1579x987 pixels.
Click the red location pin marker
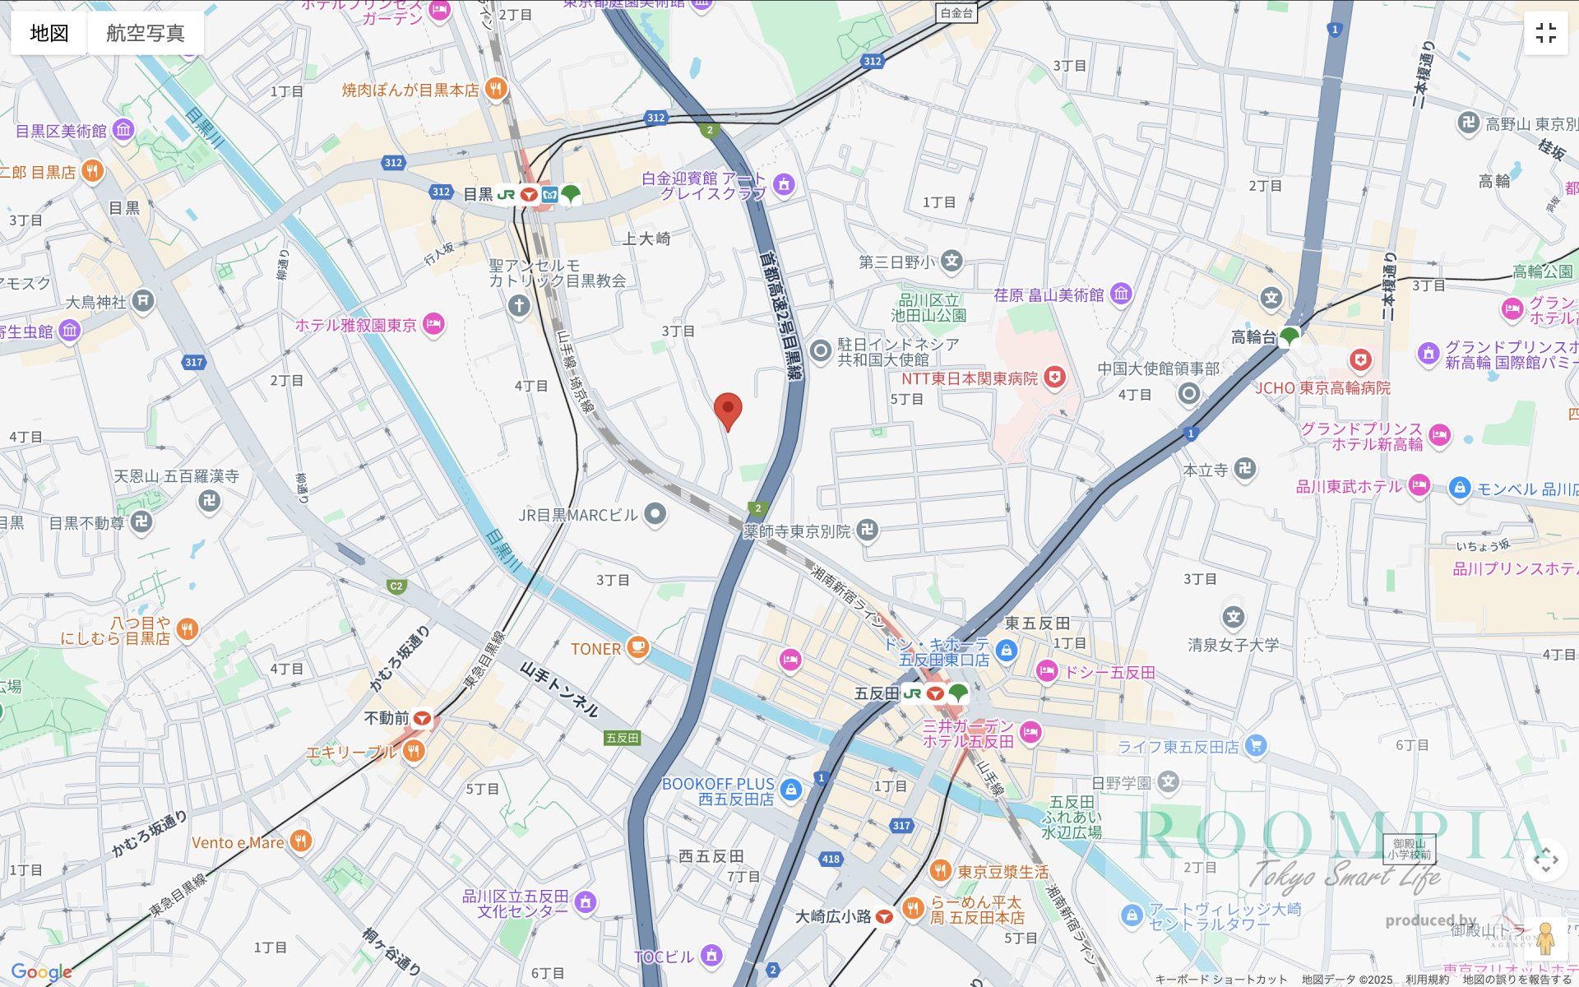coord(727,410)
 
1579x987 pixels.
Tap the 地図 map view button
coord(49,33)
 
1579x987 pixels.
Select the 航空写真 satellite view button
coord(146,33)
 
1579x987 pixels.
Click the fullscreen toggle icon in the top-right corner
coord(1545,33)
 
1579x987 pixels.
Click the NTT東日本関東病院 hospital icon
coord(1053,378)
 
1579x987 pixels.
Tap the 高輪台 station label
coord(1253,337)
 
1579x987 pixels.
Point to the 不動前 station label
coord(387,719)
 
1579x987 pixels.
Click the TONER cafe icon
coord(637,648)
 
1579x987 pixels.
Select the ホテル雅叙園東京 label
coord(356,326)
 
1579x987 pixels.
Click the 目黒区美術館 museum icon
coord(123,130)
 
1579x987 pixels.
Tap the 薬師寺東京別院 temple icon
coord(867,531)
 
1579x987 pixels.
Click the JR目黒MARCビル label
coord(578,516)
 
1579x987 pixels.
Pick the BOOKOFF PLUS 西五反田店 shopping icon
coord(790,790)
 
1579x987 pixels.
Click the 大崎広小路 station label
coord(832,916)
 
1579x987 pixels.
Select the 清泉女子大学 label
coord(1233,645)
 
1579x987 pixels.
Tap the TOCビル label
coord(664,957)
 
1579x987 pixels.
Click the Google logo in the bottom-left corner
coord(41,972)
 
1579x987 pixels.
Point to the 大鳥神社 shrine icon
coord(143,301)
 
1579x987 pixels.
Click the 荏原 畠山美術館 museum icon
coord(1121,294)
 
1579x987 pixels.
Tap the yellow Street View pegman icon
coord(1545,938)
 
